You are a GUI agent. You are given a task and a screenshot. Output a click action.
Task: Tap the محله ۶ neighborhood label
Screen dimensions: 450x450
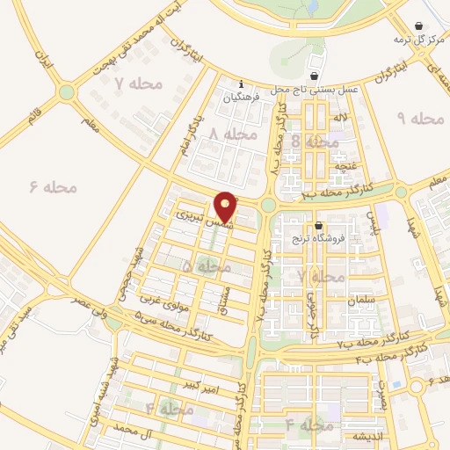click(54, 186)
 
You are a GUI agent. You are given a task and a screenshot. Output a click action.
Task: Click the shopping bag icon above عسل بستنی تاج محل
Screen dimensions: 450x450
click(316, 76)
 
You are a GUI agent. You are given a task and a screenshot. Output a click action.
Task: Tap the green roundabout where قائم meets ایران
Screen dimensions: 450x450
click(66, 91)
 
